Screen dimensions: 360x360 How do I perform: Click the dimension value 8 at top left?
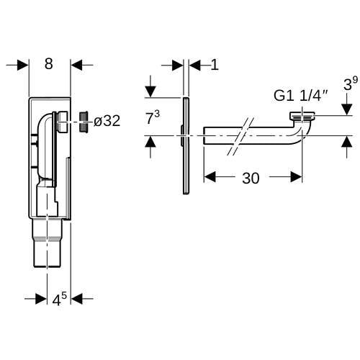(x=49, y=64)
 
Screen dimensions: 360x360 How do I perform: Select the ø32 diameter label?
(x=107, y=121)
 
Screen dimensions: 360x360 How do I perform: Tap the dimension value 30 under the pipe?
(x=251, y=179)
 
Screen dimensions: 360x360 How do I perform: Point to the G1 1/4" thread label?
(x=301, y=96)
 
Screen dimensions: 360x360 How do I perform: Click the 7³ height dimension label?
(x=153, y=118)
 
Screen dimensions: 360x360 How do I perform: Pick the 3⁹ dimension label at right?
(x=351, y=84)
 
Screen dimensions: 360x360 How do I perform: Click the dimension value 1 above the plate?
(x=215, y=65)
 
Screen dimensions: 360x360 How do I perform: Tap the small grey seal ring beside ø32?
(x=84, y=122)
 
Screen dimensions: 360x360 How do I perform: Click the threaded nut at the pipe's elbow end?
(x=302, y=117)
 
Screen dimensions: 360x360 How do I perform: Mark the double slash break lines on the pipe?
(x=240, y=136)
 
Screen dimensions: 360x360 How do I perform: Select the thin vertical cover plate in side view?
(x=186, y=145)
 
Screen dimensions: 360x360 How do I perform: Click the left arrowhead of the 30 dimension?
(x=210, y=177)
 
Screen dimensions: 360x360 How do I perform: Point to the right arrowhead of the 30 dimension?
(x=296, y=177)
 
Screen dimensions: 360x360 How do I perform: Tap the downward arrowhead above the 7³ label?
(x=150, y=92)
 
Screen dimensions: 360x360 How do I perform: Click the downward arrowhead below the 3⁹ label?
(x=346, y=109)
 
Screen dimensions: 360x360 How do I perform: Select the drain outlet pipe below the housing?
(x=48, y=243)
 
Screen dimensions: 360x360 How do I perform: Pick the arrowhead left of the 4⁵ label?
(x=41, y=299)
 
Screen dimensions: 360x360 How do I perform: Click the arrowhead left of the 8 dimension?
(x=23, y=65)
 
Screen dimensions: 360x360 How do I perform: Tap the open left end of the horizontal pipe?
(x=204, y=135)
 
